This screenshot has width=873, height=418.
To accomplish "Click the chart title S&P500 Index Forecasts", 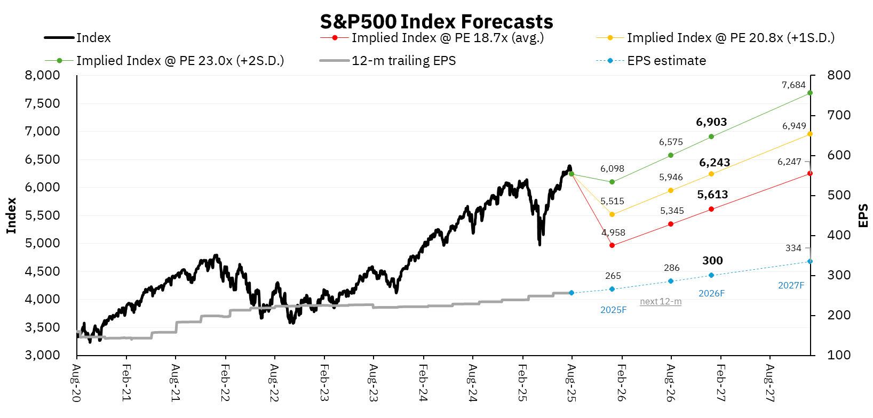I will click(436, 21).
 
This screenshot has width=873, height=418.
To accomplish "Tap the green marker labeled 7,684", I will click(810, 93).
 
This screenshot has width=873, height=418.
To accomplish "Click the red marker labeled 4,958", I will click(612, 245).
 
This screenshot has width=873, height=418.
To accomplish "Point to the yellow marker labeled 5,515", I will click(612, 214).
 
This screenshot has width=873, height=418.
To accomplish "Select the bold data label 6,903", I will click(711, 122).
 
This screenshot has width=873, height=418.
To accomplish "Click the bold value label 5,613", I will click(712, 195).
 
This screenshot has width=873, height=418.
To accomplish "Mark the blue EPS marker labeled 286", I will click(671, 281).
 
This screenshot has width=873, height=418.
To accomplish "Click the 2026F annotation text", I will click(711, 293).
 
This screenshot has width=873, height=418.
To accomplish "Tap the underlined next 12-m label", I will click(661, 302).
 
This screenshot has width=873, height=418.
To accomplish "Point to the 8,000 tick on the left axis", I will click(43, 75).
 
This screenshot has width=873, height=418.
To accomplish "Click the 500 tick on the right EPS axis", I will click(839, 195).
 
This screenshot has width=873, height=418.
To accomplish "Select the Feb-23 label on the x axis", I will click(324, 383).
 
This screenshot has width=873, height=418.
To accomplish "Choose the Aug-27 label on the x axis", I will click(769, 383).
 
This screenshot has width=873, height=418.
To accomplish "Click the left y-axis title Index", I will click(11, 215).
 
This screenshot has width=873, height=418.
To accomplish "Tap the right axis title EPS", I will click(863, 215).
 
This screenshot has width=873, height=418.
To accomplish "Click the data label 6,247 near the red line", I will click(789, 162).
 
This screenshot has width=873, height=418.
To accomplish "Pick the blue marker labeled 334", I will click(810, 261).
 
